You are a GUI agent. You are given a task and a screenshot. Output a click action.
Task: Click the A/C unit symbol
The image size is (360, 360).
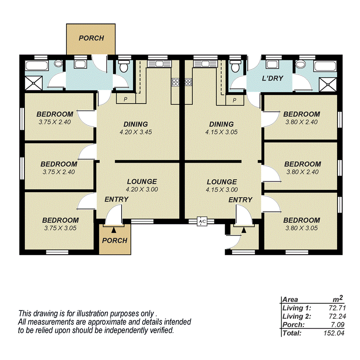click(202, 222)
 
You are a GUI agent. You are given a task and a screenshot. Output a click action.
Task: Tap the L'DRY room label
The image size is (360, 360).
click(273, 78)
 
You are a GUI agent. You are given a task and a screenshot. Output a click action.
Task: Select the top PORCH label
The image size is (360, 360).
click(91, 38)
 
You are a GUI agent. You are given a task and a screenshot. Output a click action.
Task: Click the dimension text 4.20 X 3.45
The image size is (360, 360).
click(136, 132)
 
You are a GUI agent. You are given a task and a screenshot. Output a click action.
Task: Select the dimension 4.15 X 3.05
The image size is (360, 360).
click(221, 132)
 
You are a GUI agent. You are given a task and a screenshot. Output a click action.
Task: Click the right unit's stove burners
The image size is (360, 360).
click(188, 82)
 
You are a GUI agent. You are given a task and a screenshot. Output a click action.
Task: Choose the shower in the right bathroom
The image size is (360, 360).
click(328, 82)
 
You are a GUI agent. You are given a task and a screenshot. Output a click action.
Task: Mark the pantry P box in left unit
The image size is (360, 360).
click(125, 99)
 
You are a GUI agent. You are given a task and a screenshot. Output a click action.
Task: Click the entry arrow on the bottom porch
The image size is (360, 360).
click(114, 230)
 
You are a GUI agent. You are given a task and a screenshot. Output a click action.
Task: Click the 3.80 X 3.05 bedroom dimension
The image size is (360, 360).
click(302, 228)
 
